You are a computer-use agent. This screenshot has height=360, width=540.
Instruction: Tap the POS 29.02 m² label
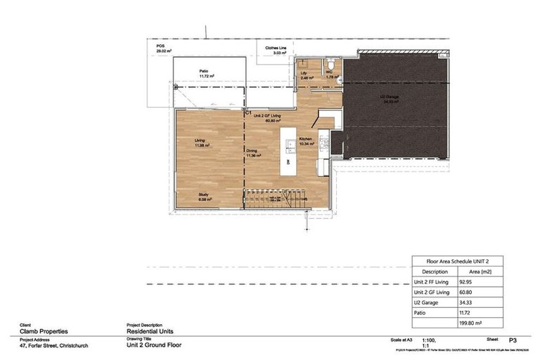tap(165, 49)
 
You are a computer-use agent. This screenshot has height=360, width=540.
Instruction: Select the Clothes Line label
tap(276, 50)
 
